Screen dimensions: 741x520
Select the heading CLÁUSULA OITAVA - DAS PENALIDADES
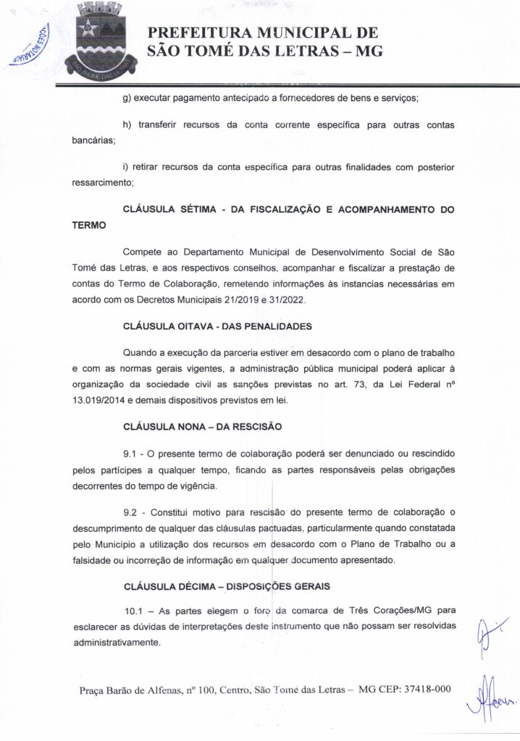click(217, 326)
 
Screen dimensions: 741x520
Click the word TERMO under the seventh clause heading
click(90, 225)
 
